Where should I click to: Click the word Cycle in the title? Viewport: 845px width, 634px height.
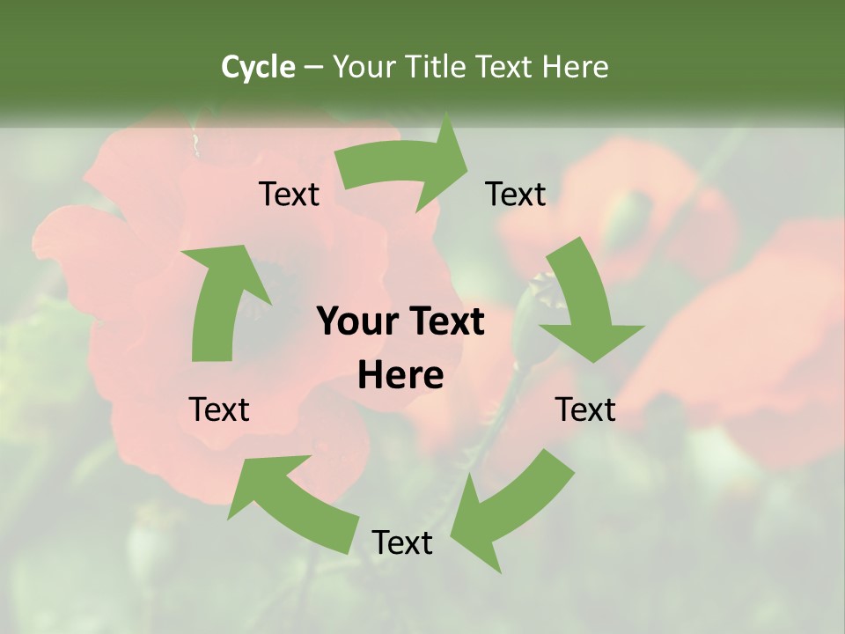[x=258, y=67]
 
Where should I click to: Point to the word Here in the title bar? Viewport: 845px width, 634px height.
[x=575, y=67]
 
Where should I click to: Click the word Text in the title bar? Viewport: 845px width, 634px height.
[x=505, y=67]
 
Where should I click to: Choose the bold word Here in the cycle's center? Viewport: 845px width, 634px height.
[x=400, y=376]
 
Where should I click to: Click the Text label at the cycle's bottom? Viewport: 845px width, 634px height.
[x=402, y=542]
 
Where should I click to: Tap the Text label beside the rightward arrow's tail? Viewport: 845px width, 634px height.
[x=290, y=194]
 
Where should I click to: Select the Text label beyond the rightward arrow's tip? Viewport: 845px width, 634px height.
[x=516, y=194]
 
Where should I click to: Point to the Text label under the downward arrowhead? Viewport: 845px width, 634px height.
[x=585, y=409]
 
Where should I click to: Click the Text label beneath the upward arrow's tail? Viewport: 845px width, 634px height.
[x=219, y=409]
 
